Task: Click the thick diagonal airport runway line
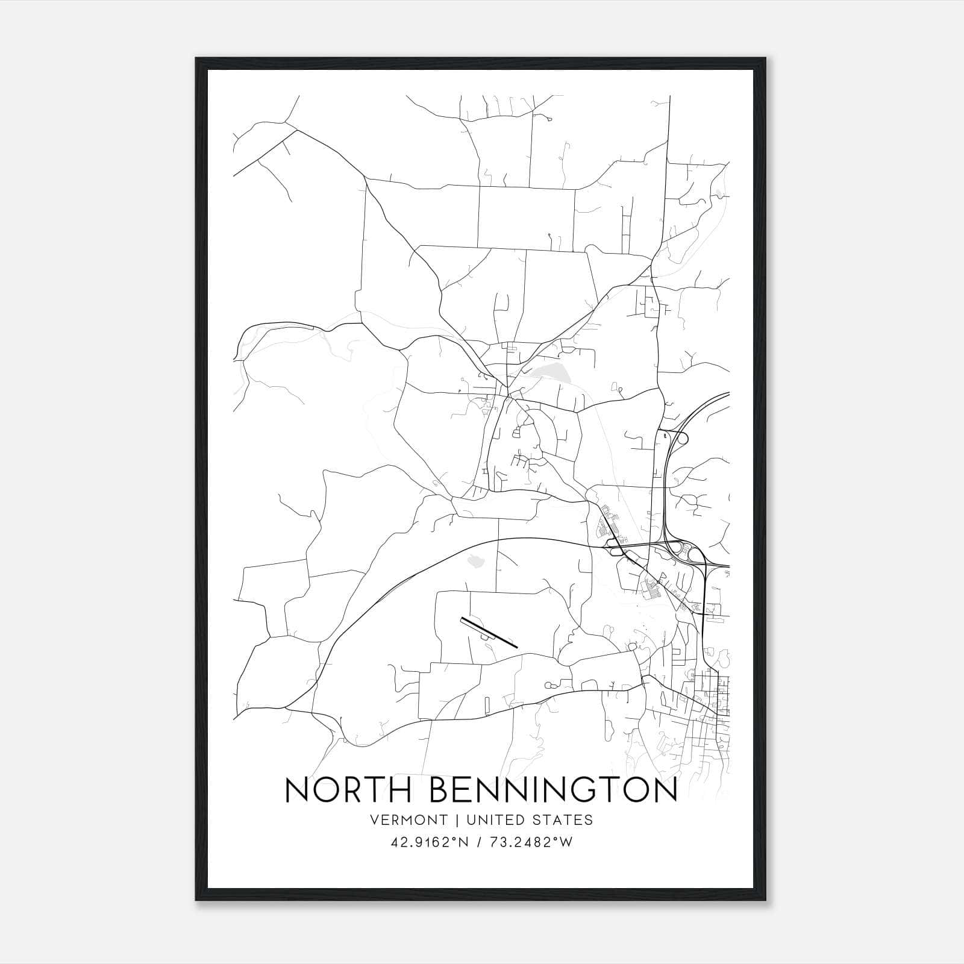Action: coord(489,632)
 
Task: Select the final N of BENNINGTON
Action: coord(665,790)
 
